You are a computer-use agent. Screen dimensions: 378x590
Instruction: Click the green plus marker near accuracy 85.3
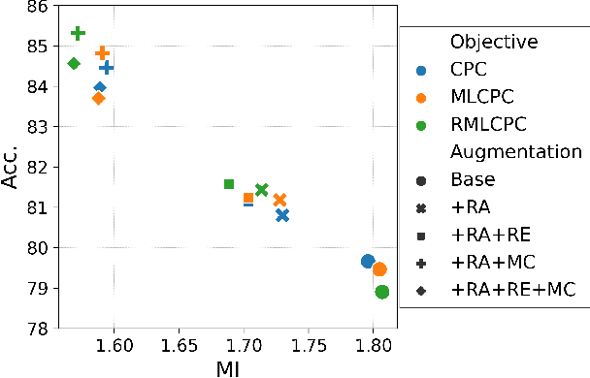[79, 33]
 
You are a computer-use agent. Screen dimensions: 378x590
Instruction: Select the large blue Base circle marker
[368, 262]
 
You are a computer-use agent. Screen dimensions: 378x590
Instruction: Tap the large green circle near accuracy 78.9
[381, 292]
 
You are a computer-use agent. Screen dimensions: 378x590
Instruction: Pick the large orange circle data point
[379, 269]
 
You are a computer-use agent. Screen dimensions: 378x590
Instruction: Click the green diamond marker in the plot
[74, 64]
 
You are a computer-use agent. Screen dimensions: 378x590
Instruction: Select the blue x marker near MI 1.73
[282, 215]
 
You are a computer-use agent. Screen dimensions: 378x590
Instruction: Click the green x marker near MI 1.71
[261, 190]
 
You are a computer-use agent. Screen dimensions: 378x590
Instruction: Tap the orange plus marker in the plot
[102, 53]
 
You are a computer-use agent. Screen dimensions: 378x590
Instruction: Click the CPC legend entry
[468, 70]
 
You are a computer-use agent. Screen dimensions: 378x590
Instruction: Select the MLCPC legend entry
[482, 97]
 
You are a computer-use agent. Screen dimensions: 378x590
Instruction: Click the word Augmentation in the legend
[515, 151]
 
